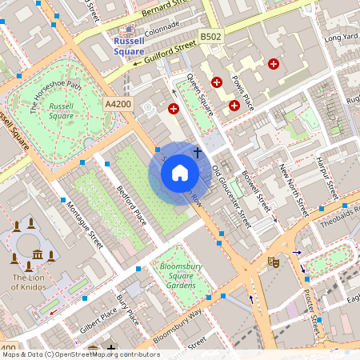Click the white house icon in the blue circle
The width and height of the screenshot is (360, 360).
point(180,174)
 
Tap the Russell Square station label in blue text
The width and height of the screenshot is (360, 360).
point(129,46)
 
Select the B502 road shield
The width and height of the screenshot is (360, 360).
point(211,37)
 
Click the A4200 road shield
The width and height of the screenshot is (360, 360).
point(117,104)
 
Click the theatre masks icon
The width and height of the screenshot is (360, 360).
point(274,261)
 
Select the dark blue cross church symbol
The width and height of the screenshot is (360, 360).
point(197,151)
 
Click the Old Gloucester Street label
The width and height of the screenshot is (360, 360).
point(232,197)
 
